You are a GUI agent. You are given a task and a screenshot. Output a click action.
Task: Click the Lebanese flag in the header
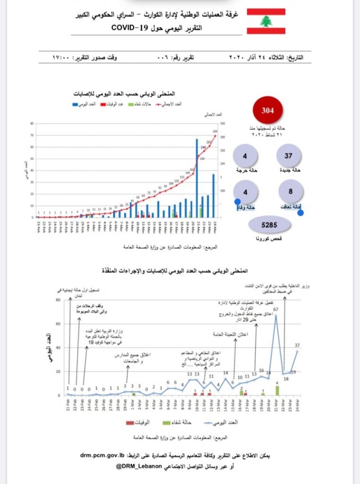pyautogui.click(x=266, y=21)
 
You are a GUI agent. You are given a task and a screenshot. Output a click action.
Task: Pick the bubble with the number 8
pyautogui.click(x=290, y=191)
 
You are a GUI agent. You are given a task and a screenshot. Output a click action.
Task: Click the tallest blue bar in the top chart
pyautogui.click(x=197, y=178)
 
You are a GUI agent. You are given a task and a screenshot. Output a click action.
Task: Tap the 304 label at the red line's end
pyautogui.click(x=215, y=131)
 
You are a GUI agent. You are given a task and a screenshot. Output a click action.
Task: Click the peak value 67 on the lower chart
pyautogui.click(x=276, y=309)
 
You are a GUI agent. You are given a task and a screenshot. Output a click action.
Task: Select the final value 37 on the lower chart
pyautogui.click(x=297, y=345)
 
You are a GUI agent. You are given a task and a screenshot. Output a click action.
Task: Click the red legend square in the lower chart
pyautogui.click(x=130, y=423)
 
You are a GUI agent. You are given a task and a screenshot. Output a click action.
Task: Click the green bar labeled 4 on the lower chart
pyautogui.click(x=277, y=390)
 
